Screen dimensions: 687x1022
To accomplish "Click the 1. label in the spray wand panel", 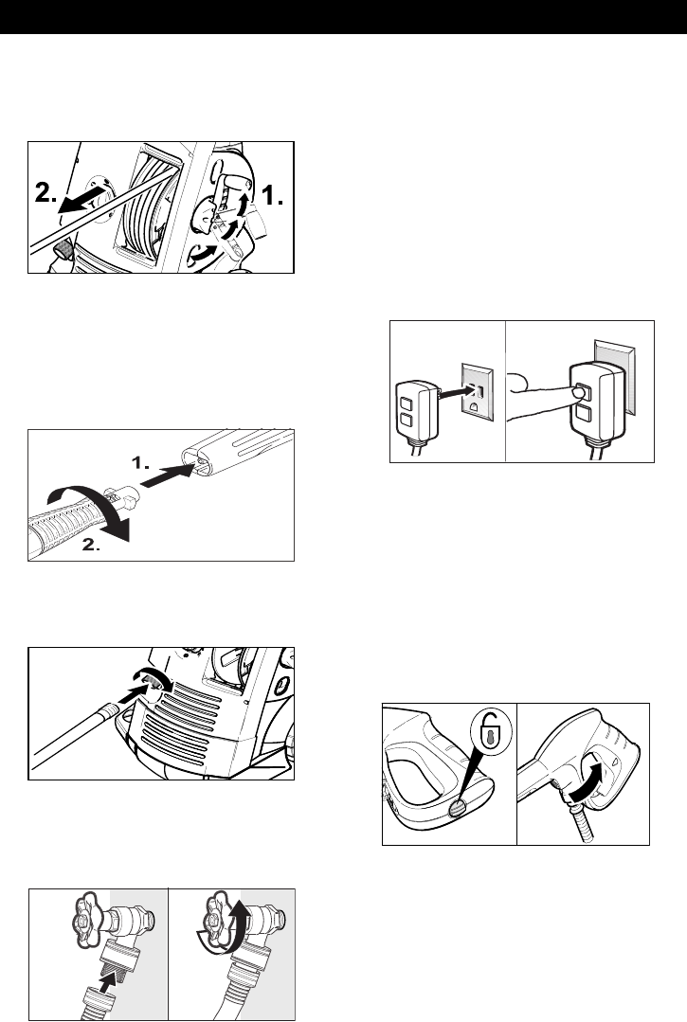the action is click(139, 464).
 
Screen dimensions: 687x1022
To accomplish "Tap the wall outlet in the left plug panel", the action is click(478, 390).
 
